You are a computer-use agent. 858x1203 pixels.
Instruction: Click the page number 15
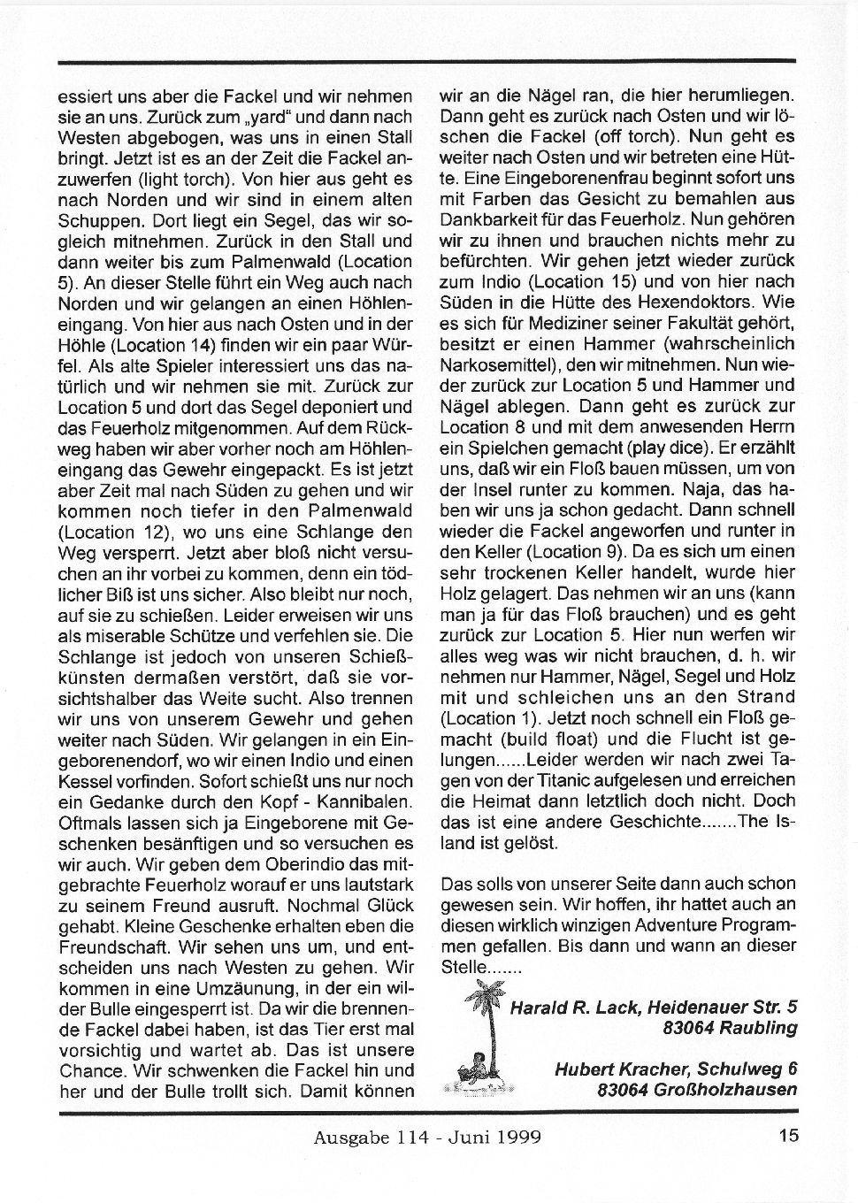[789, 1135]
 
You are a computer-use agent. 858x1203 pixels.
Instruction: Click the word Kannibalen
[364, 801]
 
